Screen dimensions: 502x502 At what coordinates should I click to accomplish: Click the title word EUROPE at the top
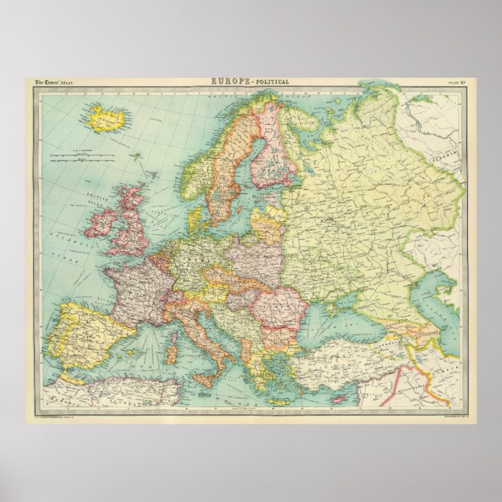tap(230, 82)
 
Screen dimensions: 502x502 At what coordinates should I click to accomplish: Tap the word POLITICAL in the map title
tap(272, 82)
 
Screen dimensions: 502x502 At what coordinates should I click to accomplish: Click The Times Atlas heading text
tap(54, 83)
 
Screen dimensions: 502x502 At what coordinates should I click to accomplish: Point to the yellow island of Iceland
tap(106, 119)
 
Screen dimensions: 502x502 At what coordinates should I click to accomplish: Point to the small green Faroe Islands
tap(136, 156)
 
